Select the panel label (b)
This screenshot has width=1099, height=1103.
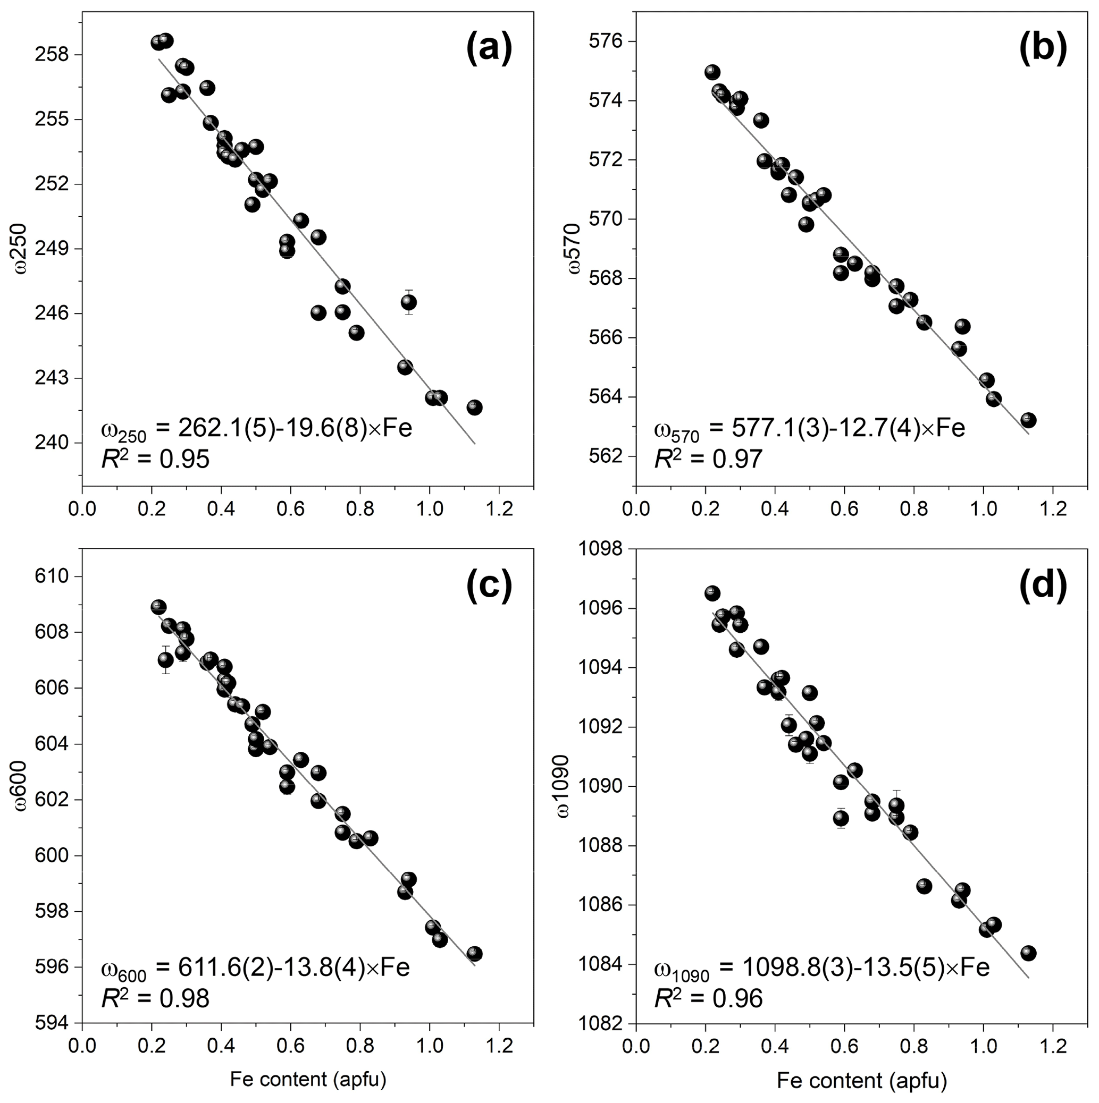pos(1043,48)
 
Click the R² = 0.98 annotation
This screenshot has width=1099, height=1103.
pos(155,998)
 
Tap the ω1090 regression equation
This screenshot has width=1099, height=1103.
pos(821,968)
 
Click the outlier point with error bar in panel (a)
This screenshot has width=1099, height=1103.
pos(408,302)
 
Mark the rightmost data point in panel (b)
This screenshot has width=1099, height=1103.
pos(1028,420)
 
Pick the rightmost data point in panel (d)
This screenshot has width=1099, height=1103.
pos(1028,953)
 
